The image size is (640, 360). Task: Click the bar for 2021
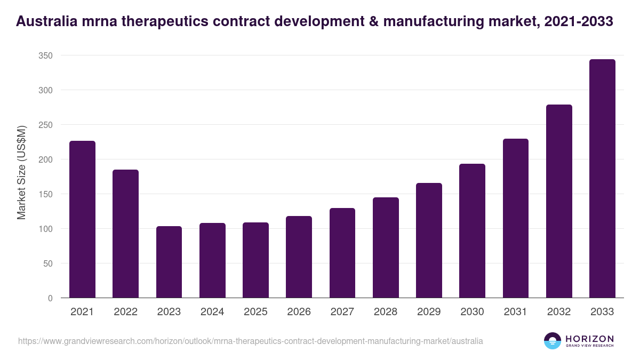coord(82,219)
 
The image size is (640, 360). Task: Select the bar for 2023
coord(169,262)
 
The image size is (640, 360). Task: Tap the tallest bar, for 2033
coord(602,179)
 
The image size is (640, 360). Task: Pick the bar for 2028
coord(386,247)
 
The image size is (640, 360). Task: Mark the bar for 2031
coord(515,218)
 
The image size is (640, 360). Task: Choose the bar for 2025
coord(255,260)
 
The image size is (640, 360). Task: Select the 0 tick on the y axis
coord(50,298)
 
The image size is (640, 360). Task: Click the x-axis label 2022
coord(125,312)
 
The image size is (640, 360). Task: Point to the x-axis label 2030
coord(472,312)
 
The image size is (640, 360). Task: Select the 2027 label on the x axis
coord(342,312)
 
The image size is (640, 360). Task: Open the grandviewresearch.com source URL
coord(251,341)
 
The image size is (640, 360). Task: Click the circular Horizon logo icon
coord(552,341)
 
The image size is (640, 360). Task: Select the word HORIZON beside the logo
coord(589,338)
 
